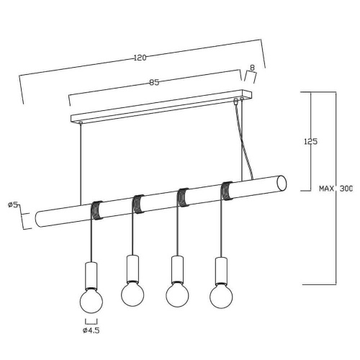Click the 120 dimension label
pos(140,58)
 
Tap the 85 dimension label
pos(154,82)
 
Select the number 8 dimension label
pos(252,68)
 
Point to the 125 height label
pos(311,142)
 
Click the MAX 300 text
pos(336,189)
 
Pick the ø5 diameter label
pos(13,204)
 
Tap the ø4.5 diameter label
pos(91,330)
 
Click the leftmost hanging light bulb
pos(91,301)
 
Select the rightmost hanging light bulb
pos(221,296)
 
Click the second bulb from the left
pos(132,294)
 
